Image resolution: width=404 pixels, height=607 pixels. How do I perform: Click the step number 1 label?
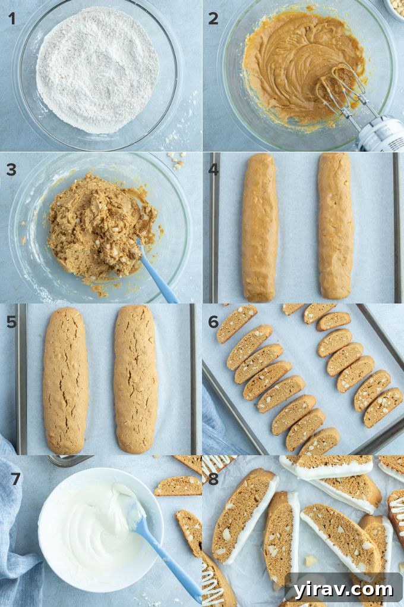point(11,18)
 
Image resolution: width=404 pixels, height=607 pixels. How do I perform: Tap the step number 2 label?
point(213,18)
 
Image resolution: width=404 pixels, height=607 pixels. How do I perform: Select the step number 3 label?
point(11,170)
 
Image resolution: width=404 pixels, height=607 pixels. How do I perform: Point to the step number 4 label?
point(213,170)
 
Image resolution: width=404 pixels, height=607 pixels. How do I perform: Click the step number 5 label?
point(11,322)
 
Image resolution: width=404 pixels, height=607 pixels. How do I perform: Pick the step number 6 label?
point(213,322)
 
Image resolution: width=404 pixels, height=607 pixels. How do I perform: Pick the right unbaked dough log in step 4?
point(335,226)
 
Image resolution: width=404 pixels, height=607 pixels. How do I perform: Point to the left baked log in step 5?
point(65,380)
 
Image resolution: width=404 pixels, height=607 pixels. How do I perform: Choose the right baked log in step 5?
point(135,380)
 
